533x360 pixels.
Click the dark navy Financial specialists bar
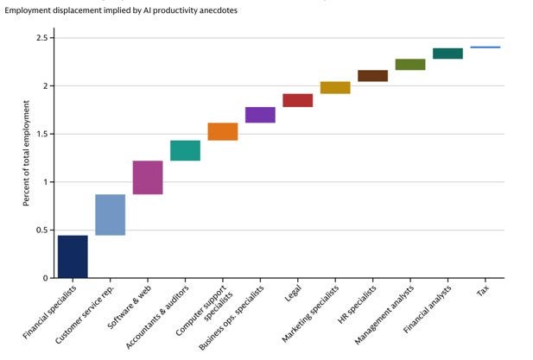tap(73, 256)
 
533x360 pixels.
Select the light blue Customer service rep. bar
tap(110, 214)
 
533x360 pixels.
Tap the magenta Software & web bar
tap(148, 177)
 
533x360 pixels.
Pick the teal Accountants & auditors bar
tap(185, 150)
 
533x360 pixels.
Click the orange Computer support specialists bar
tap(223, 131)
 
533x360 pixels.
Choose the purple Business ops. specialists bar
tap(260, 115)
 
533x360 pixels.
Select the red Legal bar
tap(297, 100)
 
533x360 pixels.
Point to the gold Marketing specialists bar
tap(335, 87)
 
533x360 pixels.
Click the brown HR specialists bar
tap(372, 76)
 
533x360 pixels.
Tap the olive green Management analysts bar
tap(410, 64)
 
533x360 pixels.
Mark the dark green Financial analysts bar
tap(447, 54)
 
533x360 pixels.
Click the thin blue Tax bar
tap(485, 47)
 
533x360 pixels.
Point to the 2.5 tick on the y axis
tap(41, 38)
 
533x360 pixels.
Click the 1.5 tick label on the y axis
tap(41, 134)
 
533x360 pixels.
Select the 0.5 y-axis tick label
tap(41, 230)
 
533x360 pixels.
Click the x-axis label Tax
tap(483, 291)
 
